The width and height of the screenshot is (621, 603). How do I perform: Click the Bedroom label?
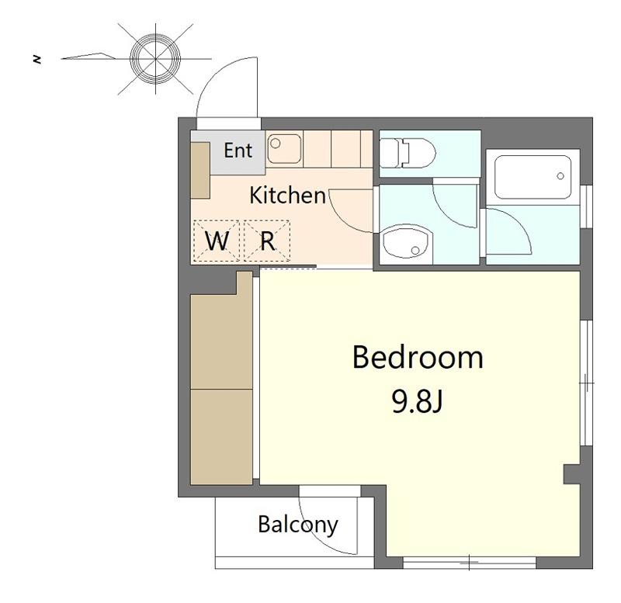418,357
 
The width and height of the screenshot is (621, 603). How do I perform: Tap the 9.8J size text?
417,401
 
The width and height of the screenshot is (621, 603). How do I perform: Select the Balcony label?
298,525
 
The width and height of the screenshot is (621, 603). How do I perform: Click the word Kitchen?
287,196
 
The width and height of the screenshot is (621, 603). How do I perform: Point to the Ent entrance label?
238,151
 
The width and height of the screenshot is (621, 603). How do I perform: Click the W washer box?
217,241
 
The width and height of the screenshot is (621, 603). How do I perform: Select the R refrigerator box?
267,241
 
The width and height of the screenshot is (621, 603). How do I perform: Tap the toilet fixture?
407,152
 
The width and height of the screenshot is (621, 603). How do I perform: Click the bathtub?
533,177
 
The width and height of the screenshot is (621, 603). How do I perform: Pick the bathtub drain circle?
560,176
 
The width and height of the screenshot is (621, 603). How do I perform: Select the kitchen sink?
284,148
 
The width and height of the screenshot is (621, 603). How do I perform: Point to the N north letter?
37,60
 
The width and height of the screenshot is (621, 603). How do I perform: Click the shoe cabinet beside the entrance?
200,171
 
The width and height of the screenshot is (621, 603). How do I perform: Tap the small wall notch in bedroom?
571,474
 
